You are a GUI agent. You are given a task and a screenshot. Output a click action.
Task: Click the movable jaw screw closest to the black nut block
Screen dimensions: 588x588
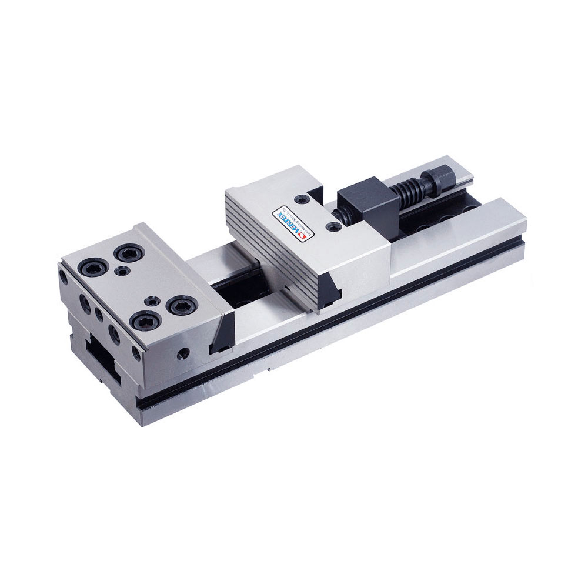(334, 225)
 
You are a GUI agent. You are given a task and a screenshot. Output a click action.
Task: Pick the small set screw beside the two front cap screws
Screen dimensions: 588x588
(153, 300)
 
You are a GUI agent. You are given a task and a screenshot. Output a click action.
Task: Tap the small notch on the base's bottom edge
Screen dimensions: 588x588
(269, 371)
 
